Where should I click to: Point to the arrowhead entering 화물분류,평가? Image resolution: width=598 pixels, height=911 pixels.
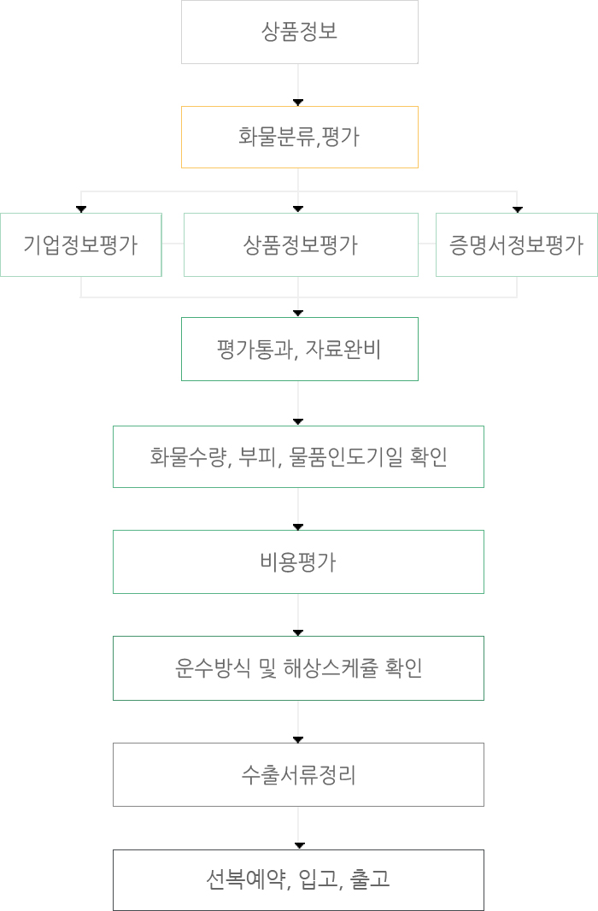pyautogui.click(x=298, y=103)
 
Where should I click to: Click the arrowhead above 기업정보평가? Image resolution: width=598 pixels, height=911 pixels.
pyautogui.click(x=81, y=209)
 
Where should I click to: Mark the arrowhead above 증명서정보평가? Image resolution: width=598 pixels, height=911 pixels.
pyautogui.click(x=518, y=209)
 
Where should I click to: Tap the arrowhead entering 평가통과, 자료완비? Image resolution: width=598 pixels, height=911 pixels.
pyautogui.click(x=298, y=314)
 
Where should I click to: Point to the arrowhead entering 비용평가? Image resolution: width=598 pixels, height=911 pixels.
pyautogui.click(x=298, y=527)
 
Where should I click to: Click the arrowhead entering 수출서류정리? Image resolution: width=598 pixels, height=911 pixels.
pyautogui.click(x=298, y=739)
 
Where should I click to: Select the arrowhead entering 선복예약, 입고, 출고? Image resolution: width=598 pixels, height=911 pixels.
pyautogui.click(x=299, y=846)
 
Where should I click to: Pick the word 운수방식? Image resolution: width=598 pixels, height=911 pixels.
pyautogui.click(x=213, y=668)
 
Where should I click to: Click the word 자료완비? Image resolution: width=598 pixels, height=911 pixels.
pyautogui.click(x=343, y=350)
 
